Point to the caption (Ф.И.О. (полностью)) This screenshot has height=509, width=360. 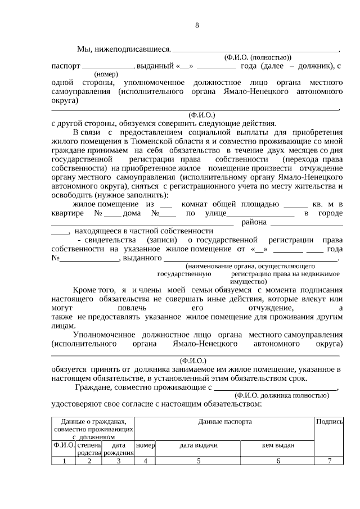258,58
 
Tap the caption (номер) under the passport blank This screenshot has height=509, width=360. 106,74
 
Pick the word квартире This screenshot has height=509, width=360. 67,213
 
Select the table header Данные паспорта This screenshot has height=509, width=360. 224,421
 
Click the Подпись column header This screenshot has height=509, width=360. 330,421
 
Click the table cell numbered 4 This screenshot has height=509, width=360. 145,461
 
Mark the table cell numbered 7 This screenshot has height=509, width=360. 330,461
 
